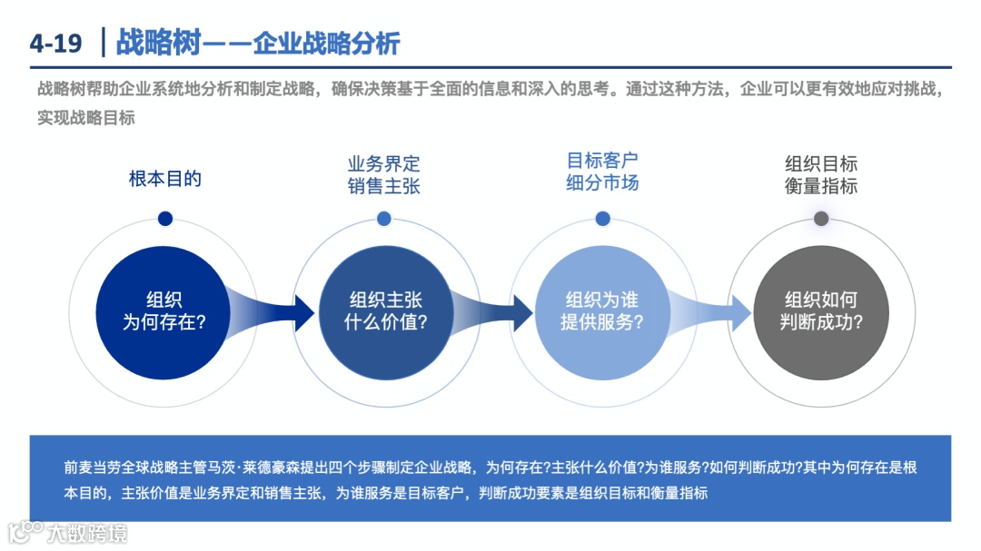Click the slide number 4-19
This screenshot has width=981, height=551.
[x=55, y=43]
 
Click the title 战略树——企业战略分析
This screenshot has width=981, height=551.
[x=258, y=43]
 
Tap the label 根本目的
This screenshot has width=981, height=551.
[x=164, y=179]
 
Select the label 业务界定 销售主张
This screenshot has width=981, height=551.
[x=384, y=175]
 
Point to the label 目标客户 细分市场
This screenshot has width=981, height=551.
[x=602, y=172]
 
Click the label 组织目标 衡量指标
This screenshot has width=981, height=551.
[x=821, y=175]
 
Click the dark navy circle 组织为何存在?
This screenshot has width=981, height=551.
[x=164, y=310]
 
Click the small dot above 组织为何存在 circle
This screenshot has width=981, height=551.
[x=164, y=219]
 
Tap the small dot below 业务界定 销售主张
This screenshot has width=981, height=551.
[x=384, y=219]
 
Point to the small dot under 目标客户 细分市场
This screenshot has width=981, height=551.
[x=602, y=219]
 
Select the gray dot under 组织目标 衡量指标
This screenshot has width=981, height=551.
[x=821, y=219]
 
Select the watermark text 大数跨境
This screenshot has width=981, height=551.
[x=88, y=532]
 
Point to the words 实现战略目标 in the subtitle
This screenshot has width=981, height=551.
[x=86, y=117]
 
